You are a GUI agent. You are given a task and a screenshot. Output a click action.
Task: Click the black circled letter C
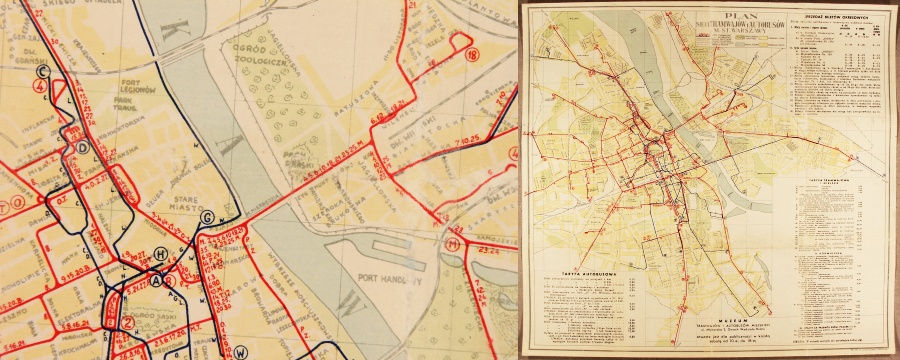pyautogui.click(x=43, y=71)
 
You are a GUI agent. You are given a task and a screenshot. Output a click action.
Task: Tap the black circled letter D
pyautogui.click(x=83, y=147)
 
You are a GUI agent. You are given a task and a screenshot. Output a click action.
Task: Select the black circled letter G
pyautogui.click(x=208, y=218)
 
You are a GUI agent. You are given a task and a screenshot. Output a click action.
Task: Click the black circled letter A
pyautogui.click(x=155, y=281)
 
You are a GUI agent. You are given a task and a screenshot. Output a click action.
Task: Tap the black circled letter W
pyautogui.click(x=240, y=351)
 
